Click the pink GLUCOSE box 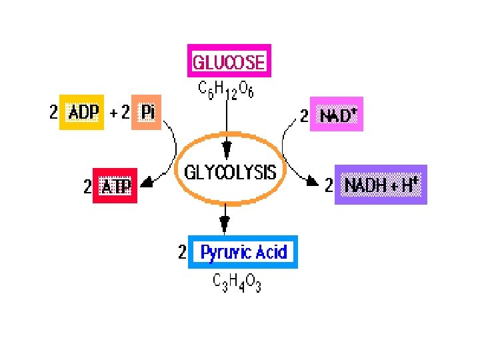(x=229, y=63)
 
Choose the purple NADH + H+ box (x=380, y=185)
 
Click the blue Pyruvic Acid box (x=243, y=252)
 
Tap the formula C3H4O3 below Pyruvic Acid (x=237, y=283)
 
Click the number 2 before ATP (x=87, y=187)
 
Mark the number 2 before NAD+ (x=303, y=117)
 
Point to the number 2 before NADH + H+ (x=328, y=185)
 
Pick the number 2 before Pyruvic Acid (x=182, y=253)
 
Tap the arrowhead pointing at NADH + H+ (x=312, y=181)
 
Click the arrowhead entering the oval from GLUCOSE (x=227, y=148)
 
